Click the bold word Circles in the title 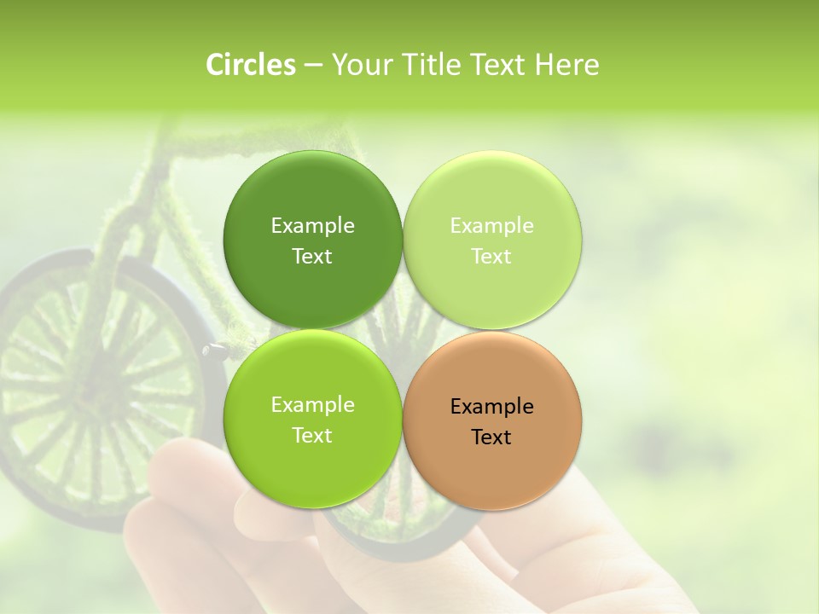click(x=250, y=65)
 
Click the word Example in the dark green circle click(x=312, y=226)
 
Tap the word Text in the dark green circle click(x=312, y=257)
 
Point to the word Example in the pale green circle click(x=491, y=226)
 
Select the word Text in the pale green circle click(x=491, y=257)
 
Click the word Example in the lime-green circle click(x=312, y=405)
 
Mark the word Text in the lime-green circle click(x=312, y=436)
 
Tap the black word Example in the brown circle click(x=491, y=407)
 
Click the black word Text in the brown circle click(x=491, y=437)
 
